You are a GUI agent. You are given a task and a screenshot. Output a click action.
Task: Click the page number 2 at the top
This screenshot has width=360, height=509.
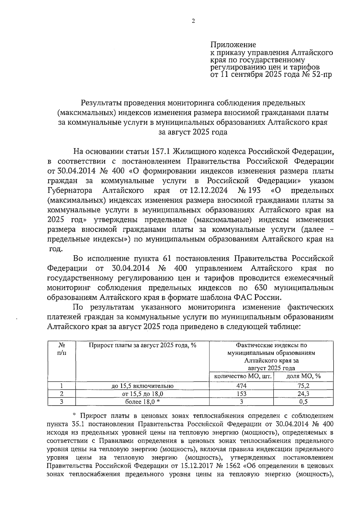click(193, 21)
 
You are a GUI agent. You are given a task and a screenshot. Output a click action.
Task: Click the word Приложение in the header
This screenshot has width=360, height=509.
click(233, 45)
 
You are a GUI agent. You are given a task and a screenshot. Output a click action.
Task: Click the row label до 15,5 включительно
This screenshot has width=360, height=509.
click(142, 386)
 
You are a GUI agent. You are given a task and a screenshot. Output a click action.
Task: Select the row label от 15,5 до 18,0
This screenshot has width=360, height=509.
click(142, 394)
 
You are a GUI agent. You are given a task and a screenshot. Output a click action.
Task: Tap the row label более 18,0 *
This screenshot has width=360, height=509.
click(142, 402)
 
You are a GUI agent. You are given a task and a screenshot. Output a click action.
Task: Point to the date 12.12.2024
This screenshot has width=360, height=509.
click(208, 191)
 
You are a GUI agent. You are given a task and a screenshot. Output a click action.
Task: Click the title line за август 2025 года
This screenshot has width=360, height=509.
click(193, 132)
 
